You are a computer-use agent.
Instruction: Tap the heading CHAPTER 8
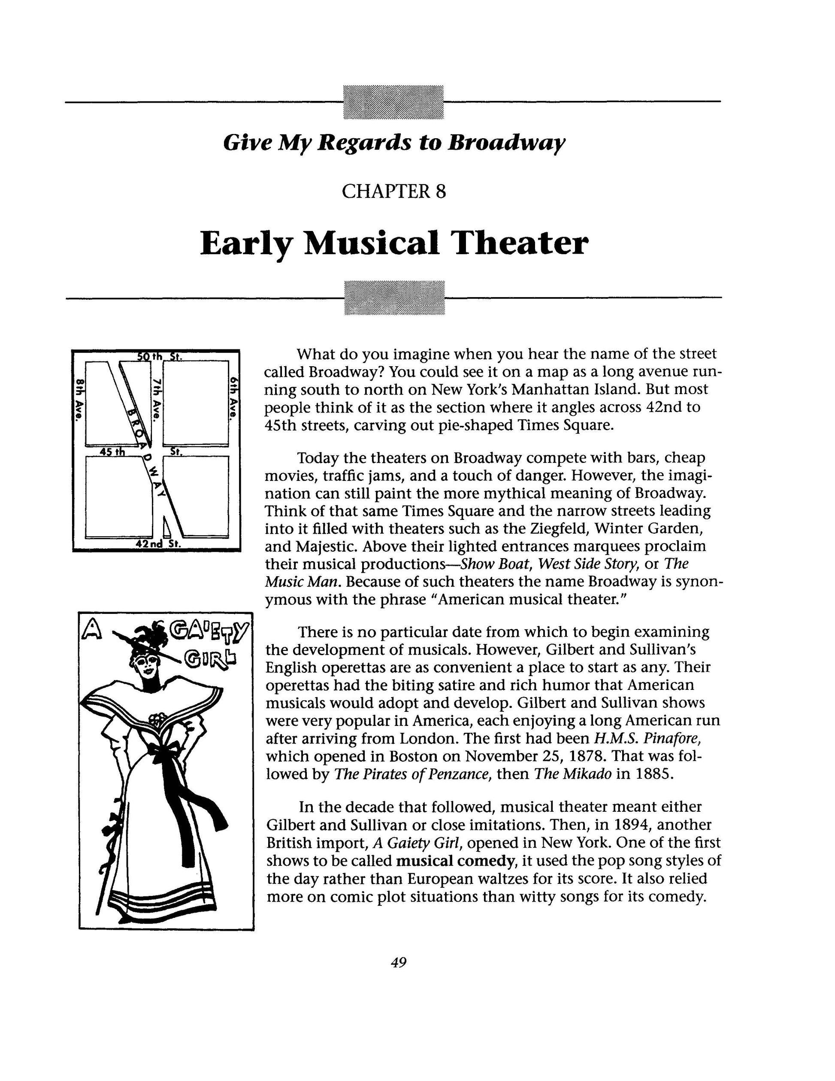[394, 191]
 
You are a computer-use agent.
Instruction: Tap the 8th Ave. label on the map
[78, 399]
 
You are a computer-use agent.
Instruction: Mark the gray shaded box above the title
[393, 102]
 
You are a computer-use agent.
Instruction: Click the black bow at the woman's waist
[163, 752]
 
